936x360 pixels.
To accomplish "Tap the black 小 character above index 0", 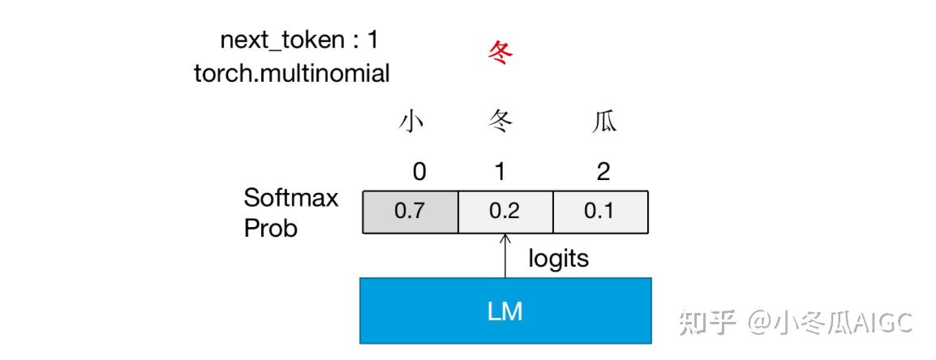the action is pos(411,122).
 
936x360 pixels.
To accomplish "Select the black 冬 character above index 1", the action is pos(501,122).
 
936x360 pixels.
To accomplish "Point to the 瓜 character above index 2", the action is pos(604,122).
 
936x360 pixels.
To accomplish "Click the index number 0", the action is pos(419,171).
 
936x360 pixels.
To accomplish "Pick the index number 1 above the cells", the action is pos(501,171).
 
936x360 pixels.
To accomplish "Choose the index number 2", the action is pos(603,171).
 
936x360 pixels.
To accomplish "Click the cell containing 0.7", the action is pos(410,212).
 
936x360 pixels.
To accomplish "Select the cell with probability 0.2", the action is pos(505,212).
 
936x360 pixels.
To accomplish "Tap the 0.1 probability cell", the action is pos(600,212).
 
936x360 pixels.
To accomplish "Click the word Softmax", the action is pos(291,198).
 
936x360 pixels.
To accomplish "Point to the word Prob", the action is pos(271,228).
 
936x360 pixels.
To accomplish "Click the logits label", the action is pos(559,259).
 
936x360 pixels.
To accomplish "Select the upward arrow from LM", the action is pos(505,255).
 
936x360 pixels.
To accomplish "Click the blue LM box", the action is pos(505,311).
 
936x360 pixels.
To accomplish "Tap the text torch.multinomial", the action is pos(292,73).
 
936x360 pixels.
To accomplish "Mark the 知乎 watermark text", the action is pos(708,323).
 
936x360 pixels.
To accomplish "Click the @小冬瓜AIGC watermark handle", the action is pos(831,323).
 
